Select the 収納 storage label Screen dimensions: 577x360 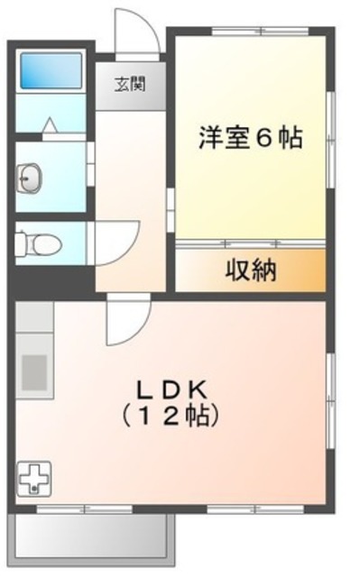(250, 269)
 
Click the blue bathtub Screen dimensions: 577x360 (51, 69)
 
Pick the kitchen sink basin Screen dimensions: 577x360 (35, 371)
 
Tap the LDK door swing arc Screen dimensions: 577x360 (126, 323)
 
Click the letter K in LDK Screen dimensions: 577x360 (200, 389)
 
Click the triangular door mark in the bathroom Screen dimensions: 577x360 (50, 126)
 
